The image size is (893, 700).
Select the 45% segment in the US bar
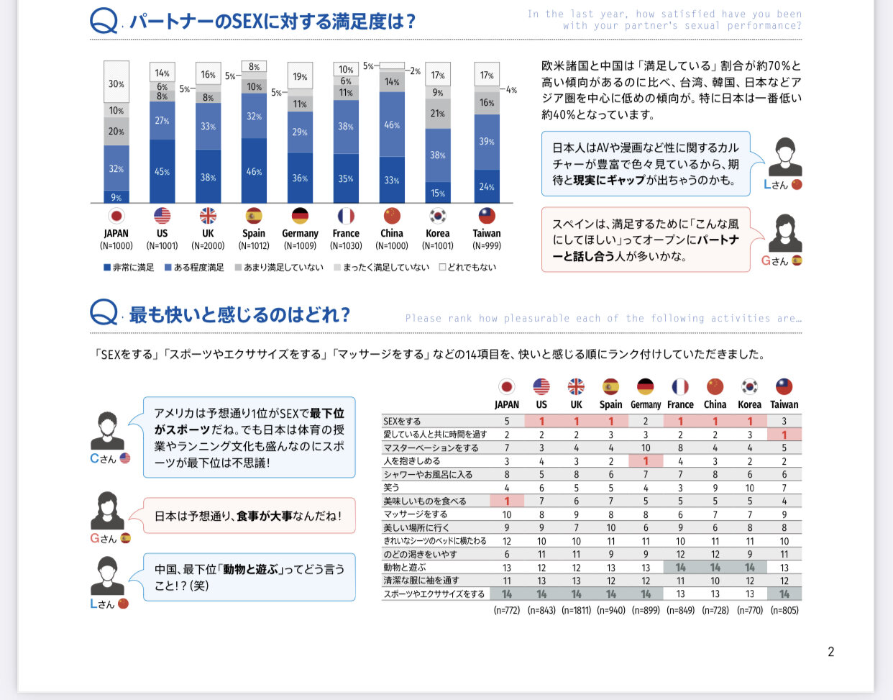[162, 171]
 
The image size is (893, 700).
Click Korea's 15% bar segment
[438, 192]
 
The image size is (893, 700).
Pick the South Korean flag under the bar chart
[438, 216]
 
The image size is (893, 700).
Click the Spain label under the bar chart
[254, 233]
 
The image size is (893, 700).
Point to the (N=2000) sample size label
[208, 246]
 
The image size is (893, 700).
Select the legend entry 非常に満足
[129, 268]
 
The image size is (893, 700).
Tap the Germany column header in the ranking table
[646, 405]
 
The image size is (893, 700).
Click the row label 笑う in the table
[392, 488]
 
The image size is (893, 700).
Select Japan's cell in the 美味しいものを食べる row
[507, 501]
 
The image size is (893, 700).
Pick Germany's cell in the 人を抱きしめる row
[646, 461]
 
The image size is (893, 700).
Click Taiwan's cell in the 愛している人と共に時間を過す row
[784, 435]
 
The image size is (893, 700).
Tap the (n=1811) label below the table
[576, 610]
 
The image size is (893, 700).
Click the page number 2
[831, 652]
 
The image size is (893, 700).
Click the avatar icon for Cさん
[107, 431]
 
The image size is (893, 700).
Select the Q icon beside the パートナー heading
[104, 21]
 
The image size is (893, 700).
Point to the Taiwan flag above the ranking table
[784, 387]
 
